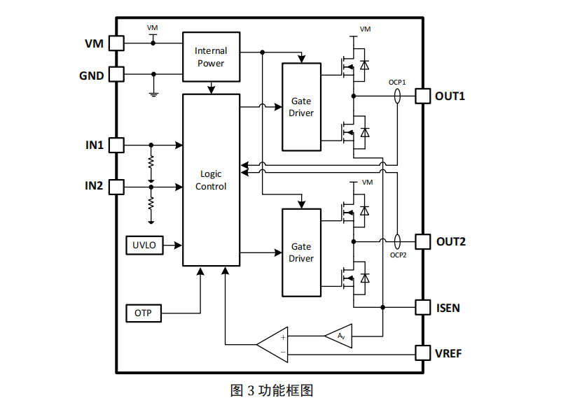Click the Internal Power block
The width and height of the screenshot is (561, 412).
tap(210, 57)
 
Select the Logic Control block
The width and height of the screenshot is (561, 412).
tap(211, 180)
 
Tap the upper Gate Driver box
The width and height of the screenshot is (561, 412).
tap(301, 107)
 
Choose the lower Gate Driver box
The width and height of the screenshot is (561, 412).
tap(301, 253)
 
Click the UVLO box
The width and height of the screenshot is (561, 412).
tap(144, 246)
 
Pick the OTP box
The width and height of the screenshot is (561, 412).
tap(144, 313)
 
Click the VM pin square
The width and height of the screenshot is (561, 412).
tap(116, 43)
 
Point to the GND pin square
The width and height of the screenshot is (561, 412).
tap(116, 73)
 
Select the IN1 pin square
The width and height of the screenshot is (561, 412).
tap(116, 145)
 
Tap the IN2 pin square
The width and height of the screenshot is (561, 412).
tap(116, 186)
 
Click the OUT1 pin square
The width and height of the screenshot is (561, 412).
tap(422, 96)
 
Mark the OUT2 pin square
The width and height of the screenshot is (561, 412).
tap(422, 241)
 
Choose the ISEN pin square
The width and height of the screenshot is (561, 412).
tap(422, 307)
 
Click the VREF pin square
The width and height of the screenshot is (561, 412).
tap(422, 353)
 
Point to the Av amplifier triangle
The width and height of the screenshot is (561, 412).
tap(339, 336)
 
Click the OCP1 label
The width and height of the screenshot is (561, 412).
tap(398, 82)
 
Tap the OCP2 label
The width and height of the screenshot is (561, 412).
tap(398, 255)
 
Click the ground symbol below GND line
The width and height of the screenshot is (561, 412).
tap(153, 92)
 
